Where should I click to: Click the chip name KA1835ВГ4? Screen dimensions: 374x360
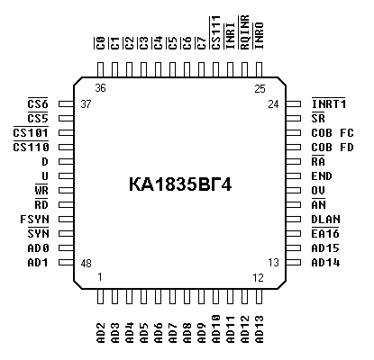pos(180,184)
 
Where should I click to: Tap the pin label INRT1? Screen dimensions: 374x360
pos(329,103)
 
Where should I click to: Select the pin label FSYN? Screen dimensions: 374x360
pos(34,220)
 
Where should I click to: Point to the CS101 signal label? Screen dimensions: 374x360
pos(31,132)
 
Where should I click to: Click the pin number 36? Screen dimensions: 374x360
pos(100,88)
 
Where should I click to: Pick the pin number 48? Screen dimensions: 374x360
pos(86,264)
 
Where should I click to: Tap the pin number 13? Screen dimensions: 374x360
pos(273,263)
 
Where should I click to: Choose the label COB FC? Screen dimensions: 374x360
pos(333,132)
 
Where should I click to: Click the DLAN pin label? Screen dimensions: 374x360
pos(326,220)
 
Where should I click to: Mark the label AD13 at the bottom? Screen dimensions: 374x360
pos(259,328)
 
